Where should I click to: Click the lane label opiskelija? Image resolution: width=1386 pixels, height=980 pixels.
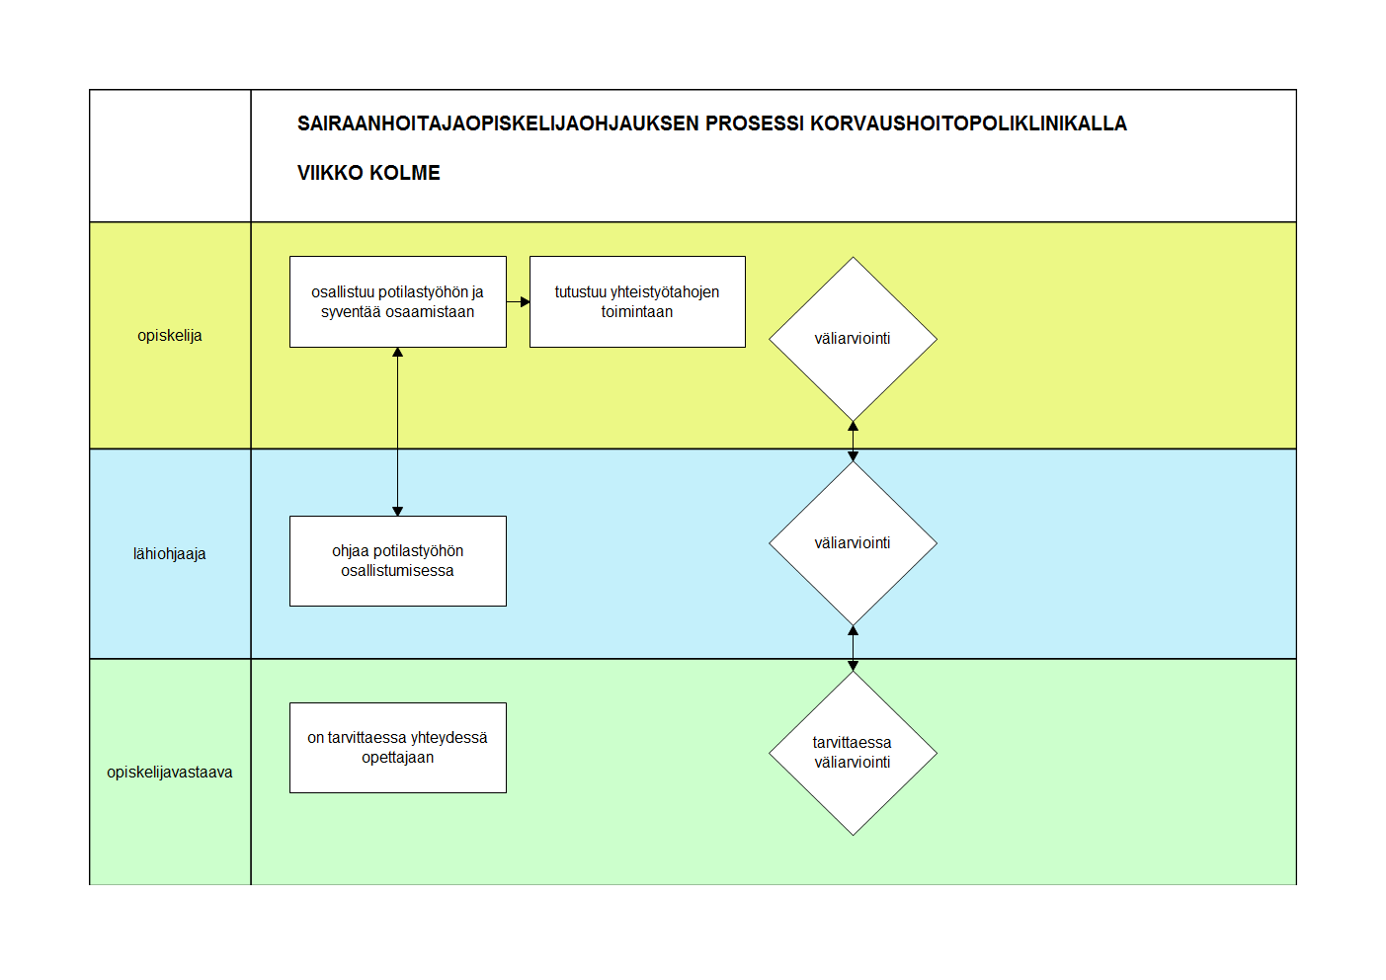point(170,336)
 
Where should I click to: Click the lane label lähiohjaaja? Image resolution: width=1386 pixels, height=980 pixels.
point(170,554)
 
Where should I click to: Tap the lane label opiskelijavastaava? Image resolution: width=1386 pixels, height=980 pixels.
point(170,773)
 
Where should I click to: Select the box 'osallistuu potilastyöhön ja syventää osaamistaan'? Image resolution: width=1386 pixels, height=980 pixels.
point(398,302)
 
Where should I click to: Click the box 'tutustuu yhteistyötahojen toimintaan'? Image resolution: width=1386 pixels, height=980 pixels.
point(637,302)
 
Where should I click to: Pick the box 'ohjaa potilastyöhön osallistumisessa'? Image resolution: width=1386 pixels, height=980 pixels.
point(398,561)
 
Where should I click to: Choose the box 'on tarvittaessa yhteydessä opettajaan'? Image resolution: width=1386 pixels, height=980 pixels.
point(398,748)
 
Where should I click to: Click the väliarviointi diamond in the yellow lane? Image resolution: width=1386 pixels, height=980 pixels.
point(853,339)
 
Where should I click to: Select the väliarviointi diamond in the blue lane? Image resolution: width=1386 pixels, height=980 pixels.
point(853,543)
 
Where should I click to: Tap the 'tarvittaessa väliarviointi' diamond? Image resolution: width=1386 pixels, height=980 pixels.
point(853,753)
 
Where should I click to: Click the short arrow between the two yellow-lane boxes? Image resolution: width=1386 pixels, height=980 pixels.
point(519,302)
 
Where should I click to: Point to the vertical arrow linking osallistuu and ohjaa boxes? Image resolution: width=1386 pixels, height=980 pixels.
point(398,432)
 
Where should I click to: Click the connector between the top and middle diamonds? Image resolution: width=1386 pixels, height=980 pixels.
point(853,442)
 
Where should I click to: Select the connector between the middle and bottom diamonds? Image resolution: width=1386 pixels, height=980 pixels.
point(853,648)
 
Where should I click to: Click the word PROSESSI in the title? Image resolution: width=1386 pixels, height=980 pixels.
point(755,123)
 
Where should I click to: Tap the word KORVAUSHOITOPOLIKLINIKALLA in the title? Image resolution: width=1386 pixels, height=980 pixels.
point(968,123)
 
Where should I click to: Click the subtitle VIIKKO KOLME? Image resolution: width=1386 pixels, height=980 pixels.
point(368,173)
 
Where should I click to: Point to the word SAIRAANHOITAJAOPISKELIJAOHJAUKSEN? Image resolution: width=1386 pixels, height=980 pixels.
point(498,123)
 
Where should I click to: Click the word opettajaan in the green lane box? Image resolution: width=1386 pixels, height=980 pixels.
point(398,758)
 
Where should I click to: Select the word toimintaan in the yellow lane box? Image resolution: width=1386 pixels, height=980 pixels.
point(637,312)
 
